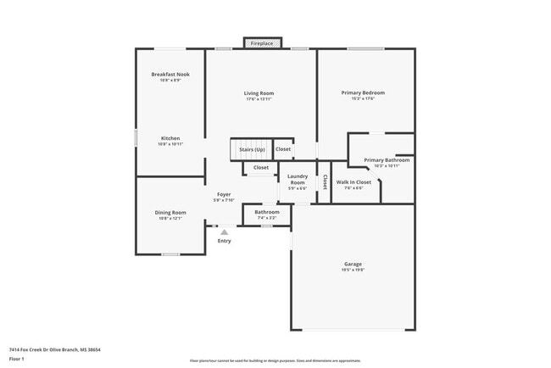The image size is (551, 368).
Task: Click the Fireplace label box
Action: [x=262, y=42]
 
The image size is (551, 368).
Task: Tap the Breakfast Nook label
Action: [x=170, y=75]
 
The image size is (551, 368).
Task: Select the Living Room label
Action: [x=259, y=93]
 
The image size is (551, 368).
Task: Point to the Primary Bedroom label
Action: [x=357, y=93]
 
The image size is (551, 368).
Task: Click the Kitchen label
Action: [x=170, y=138]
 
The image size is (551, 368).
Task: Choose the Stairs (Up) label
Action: [x=252, y=150]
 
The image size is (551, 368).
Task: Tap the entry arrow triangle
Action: [x=224, y=231]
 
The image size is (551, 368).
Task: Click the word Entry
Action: [x=224, y=242]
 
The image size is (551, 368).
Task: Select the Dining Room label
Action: [x=170, y=213]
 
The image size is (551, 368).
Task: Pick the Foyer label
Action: [x=224, y=194]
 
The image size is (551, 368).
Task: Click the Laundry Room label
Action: [x=298, y=180]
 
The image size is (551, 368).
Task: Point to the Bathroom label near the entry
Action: [x=267, y=212]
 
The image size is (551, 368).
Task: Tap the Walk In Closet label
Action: [x=354, y=182]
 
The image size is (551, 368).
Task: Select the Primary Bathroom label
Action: [x=387, y=160]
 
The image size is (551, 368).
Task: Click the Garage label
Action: [x=353, y=264]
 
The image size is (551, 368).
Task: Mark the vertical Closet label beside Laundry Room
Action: [x=325, y=182]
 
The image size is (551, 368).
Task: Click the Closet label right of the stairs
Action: [x=283, y=150]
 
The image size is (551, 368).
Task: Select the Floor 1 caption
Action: [x=17, y=359]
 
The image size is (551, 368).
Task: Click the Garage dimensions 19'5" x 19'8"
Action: [x=353, y=270]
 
